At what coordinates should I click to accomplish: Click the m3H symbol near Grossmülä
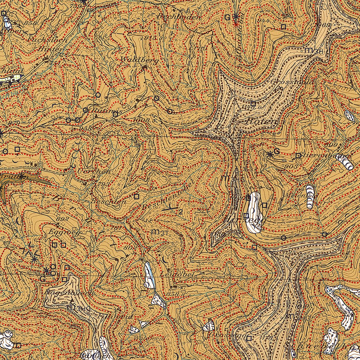coord(313,50)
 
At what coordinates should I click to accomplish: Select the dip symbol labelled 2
coord(171,210)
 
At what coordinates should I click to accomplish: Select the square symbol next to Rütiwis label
coord(115,114)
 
